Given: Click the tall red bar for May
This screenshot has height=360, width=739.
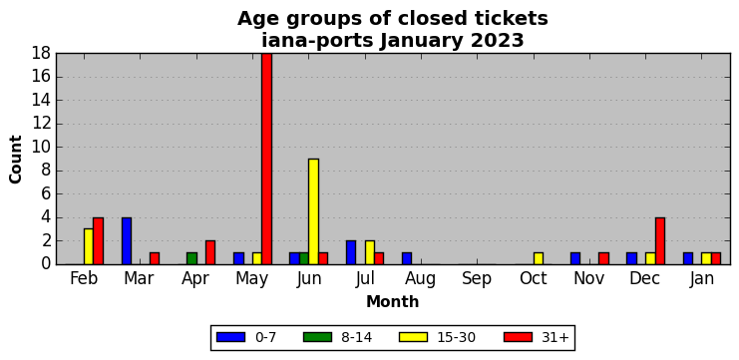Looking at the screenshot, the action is tap(266, 159).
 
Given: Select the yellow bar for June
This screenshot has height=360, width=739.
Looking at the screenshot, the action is tap(313, 211).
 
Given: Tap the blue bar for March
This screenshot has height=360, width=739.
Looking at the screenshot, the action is tap(127, 240).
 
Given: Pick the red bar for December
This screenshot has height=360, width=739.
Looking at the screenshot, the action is tap(660, 240).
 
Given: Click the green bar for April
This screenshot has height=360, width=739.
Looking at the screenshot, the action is tap(191, 258).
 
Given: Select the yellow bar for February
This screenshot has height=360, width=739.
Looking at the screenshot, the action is tap(89, 246).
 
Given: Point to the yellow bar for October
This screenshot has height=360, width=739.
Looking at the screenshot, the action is tap(539, 258).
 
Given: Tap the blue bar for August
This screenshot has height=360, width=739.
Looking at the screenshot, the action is tap(407, 258).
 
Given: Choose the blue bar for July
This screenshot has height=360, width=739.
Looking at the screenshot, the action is tap(351, 252).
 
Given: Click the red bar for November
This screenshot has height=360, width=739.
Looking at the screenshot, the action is tap(603, 258).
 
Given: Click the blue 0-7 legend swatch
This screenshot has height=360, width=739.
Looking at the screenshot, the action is tap(231, 337).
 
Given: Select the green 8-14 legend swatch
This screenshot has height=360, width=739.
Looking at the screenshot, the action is tap(318, 337).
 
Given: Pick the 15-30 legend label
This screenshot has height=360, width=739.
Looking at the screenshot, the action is tap(456, 337).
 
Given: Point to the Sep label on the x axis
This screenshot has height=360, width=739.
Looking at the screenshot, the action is tap(477, 279).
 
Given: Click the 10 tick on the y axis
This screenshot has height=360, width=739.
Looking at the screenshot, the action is tap(42, 147).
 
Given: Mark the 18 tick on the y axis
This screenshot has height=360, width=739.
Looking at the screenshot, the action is tap(42, 53).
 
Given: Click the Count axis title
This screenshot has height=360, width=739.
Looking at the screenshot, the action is tap(16, 160).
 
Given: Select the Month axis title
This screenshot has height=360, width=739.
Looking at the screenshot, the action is tap(393, 301).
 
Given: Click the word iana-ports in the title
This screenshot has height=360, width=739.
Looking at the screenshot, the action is tap(318, 41).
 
